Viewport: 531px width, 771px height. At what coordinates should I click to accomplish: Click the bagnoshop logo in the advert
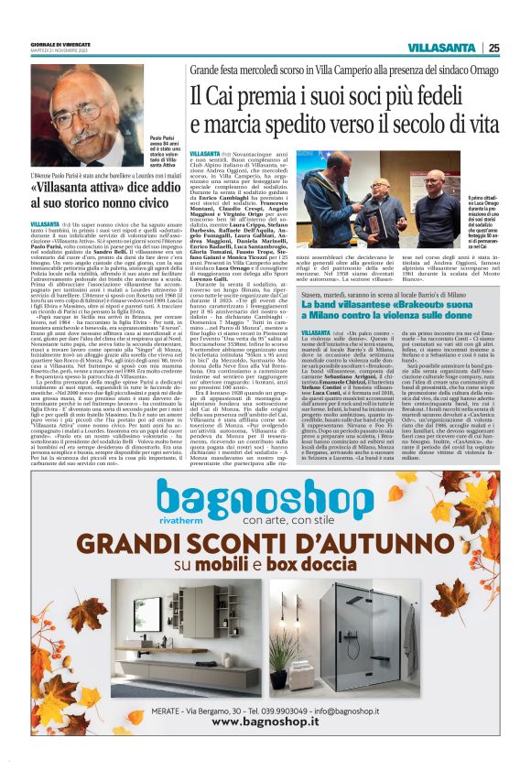[x=266, y=502]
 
